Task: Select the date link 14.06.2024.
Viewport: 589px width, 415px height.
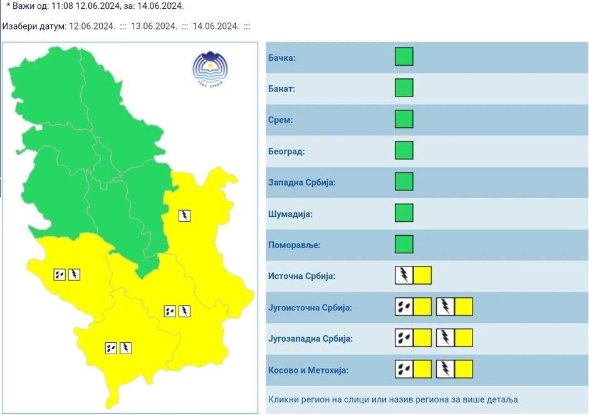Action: (x=216, y=26)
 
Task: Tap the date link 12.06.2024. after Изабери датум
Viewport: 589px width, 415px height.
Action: (x=92, y=26)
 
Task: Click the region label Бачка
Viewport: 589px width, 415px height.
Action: (x=281, y=58)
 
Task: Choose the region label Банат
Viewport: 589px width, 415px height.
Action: (x=281, y=89)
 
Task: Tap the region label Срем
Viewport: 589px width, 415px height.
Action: (x=280, y=120)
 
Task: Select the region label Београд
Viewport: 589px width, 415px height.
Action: (x=286, y=151)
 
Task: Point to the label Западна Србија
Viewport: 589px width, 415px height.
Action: (x=301, y=182)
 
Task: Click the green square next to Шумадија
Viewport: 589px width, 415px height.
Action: (x=404, y=213)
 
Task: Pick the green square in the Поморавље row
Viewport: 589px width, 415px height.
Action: (x=404, y=244)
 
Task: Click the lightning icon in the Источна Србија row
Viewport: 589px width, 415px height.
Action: (x=404, y=275)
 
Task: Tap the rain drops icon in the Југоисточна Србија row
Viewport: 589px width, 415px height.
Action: (x=404, y=307)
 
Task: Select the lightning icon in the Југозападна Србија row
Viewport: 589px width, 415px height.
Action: (x=445, y=338)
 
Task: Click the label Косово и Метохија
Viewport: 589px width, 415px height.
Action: (x=308, y=370)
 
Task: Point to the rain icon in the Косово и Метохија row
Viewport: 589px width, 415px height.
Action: (x=404, y=369)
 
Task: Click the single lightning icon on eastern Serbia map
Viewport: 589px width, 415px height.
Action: (x=184, y=216)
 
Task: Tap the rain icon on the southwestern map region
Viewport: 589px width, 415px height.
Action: (x=60, y=274)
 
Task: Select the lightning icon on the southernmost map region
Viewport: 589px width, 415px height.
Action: (x=125, y=348)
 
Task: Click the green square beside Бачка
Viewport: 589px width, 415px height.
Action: (x=404, y=57)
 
